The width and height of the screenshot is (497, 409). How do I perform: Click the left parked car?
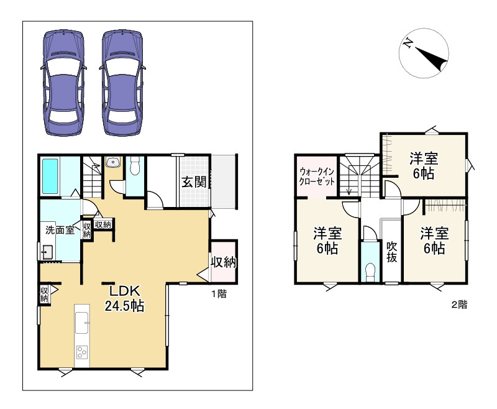pos(64,83)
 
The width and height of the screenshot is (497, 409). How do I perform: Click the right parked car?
pos(122,83)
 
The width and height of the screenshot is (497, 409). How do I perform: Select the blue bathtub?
pos(50,177)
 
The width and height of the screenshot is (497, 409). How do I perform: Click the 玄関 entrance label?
pos(194,182)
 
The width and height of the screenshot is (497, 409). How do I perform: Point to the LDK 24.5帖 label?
pos(124,298)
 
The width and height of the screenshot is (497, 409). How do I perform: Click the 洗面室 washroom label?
pos(60,230)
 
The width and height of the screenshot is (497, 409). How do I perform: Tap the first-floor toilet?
pos(135,165)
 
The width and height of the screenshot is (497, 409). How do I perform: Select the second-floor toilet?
pos(370,272)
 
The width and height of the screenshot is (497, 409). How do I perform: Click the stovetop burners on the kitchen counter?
pos(82,352)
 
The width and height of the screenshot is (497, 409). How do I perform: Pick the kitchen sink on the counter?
pos(82,323)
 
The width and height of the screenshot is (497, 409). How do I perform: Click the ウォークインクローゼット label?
pos(317,177)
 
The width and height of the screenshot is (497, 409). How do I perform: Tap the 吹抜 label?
pos(392,252)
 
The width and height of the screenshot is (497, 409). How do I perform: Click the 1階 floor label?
pos(219,294)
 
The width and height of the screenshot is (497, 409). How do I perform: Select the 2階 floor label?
pos(459,305)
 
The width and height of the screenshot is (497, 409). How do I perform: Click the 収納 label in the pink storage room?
pos(224,262)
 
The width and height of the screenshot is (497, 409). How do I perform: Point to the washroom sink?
pos(47,252)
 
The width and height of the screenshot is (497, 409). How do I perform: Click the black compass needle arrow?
pos(432,59)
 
